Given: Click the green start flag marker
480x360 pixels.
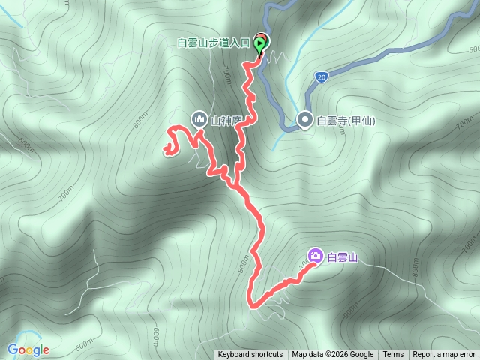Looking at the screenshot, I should pyautogui.click(x=260, y=47).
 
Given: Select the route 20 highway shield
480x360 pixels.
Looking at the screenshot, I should pyautogui.click(x=321, y=76).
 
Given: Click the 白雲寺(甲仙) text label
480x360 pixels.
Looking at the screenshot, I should pyautogui.click(x=346, y=120).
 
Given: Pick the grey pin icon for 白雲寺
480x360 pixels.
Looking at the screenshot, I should pyautogui.click(x=305, y=119).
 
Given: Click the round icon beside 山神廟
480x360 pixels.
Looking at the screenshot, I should pyautogui.click(x=199, y=118).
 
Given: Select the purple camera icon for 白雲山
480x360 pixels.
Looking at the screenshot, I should pyautogui.click(x=316, y=256).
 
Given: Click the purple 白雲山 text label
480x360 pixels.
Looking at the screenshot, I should pyautogui.click(x=343, y=257).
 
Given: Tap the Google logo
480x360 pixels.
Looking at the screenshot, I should pyautogui.click(x=28, y=349).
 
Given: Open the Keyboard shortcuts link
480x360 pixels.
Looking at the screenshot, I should pyautogui.click(x=250, y=355).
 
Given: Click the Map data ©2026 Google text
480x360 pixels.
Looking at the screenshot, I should pyautogui.click(x=333, y=355).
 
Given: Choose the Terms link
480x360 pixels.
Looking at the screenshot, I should pyautogui.click(x=393, y=355).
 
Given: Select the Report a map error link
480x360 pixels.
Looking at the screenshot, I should pyautogui.click(x=444, y=355).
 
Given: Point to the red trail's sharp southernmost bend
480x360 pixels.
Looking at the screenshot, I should pyautogui.click(x=253, y=304).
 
